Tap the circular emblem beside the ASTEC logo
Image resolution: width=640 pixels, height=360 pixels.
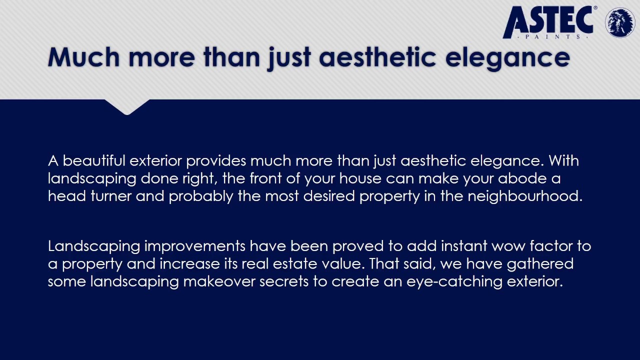click(620, 22)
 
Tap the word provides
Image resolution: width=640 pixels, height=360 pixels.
click(216, 161)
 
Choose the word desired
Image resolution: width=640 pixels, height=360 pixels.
click(328, 196)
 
